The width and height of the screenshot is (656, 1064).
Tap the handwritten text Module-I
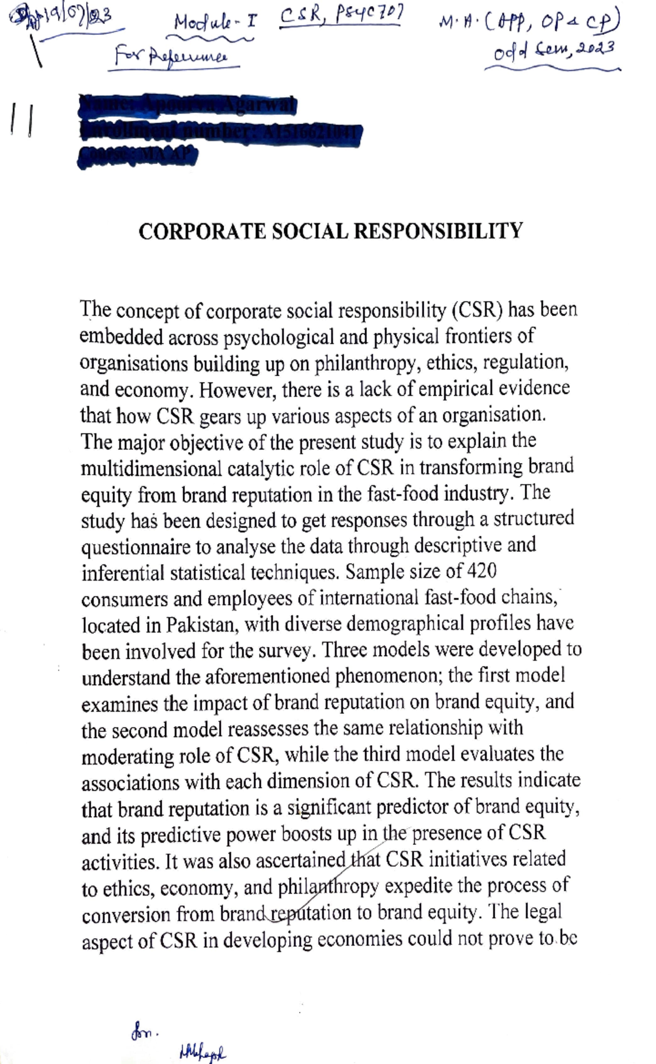(x=214, y=23)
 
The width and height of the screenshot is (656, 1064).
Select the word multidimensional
(x=151, y=467)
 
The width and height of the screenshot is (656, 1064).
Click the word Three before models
(x=347, y=650)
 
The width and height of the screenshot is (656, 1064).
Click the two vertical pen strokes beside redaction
(x=21, y=120)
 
